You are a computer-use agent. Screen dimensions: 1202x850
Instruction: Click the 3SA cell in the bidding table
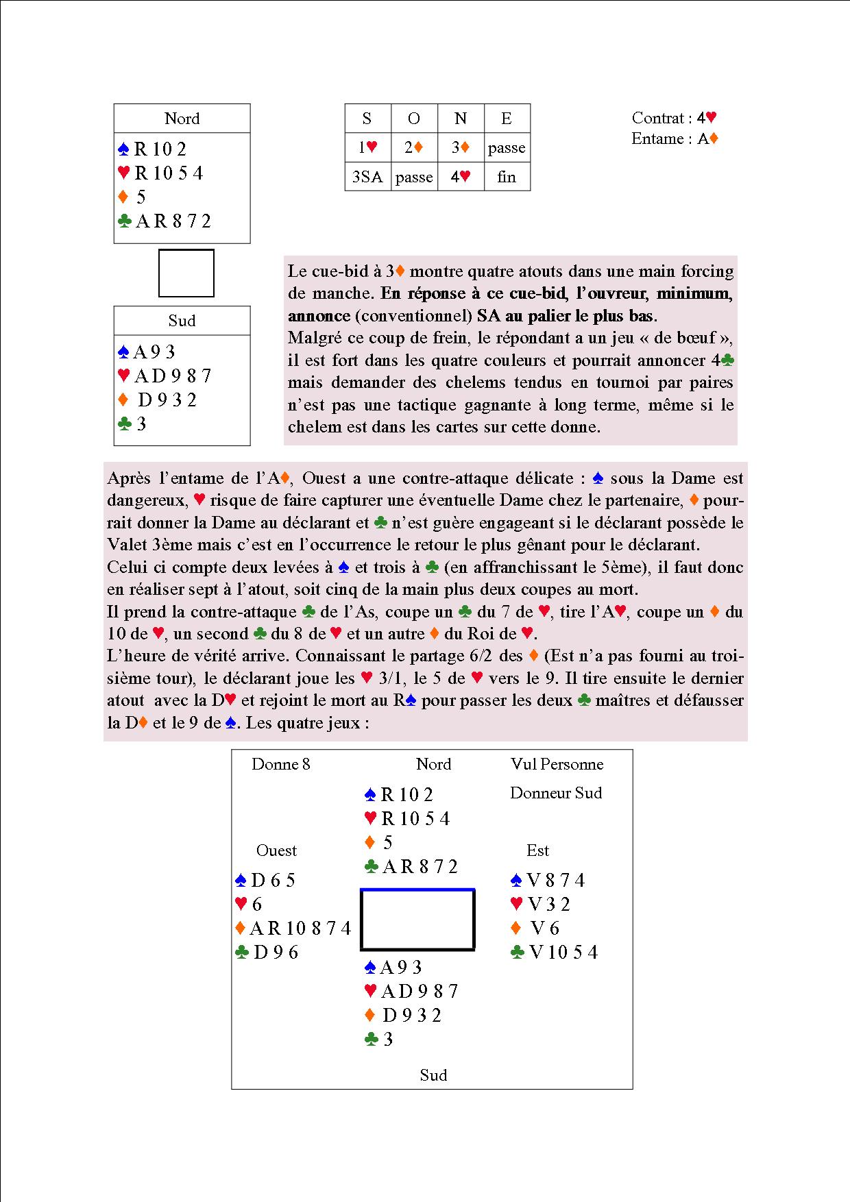point(367,177)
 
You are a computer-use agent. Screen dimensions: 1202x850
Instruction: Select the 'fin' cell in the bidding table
point(507,177)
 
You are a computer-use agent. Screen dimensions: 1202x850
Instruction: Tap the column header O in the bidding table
point(414,119)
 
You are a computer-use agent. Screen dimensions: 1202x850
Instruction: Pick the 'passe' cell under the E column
point(507,148)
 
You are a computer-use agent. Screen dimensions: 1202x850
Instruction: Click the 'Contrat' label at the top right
point(657,118)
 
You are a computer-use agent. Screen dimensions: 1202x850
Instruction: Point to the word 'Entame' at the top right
point(657,138)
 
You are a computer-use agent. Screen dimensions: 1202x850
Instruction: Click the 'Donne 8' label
point(281,764)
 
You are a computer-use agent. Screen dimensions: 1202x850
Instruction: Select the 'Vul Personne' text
point(557,764)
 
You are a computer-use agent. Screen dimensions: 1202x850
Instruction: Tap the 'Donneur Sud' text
point(556,793)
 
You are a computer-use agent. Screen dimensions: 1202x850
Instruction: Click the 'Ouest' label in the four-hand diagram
point(276,850)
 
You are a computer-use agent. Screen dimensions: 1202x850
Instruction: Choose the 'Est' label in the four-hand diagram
point(538,850)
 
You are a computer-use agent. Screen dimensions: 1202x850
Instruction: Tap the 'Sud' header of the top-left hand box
point(182,321)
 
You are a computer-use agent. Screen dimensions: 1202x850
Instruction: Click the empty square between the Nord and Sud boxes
point(186,273)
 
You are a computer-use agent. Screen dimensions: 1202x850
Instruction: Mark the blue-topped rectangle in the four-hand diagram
point(417,919)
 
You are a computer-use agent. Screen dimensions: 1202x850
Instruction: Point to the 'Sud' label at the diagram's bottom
point(433,1075)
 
